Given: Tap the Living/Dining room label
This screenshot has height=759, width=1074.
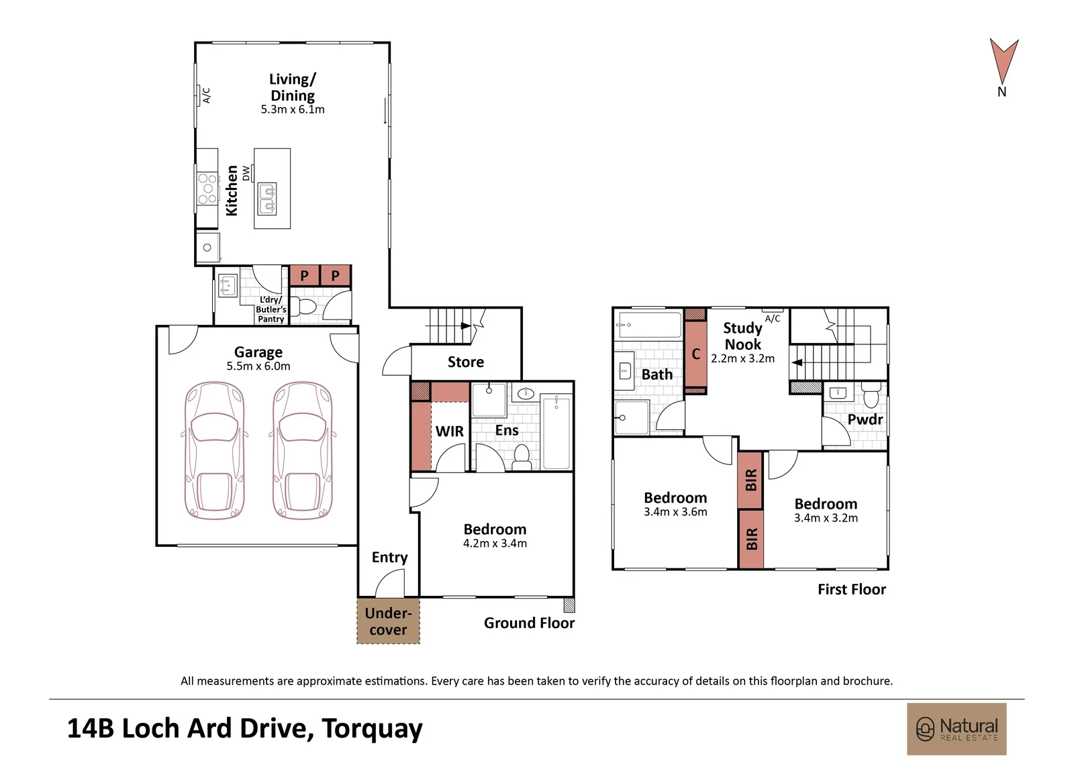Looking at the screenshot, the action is tap(293, 87).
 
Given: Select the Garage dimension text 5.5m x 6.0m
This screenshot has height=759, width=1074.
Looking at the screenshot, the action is tap(258, 366).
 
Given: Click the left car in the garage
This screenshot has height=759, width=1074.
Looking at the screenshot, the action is tap(214, 450).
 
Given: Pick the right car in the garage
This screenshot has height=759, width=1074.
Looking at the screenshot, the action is tap(302, 450).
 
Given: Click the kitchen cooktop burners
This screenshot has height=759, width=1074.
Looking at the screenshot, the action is tap(207, 189).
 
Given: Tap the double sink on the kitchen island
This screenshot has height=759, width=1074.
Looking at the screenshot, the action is tap(266, 199).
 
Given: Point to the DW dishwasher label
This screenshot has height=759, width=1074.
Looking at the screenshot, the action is tap(246, 173).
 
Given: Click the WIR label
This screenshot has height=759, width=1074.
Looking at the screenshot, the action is tap(449, 432).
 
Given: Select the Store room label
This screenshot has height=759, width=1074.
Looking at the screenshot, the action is tap(466, 362).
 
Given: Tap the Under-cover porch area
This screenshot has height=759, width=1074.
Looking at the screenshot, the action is tap(389, 621).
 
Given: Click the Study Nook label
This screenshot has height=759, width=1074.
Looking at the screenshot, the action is tap(742, 336).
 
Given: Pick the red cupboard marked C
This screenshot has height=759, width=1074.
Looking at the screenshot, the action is tap(695, 354).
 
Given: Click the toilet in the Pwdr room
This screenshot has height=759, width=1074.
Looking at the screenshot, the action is tap(871, 394).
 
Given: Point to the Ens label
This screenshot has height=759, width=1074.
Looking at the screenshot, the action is tap(507, 431).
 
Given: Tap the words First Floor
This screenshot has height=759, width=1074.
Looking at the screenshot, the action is tap(852, 589).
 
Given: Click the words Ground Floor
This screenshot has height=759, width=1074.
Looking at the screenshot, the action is tap(529, 623).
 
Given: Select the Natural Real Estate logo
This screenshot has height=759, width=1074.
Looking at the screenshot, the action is tap(957, 729).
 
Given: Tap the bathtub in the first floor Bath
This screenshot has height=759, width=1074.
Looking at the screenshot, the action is tap(650, 325).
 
